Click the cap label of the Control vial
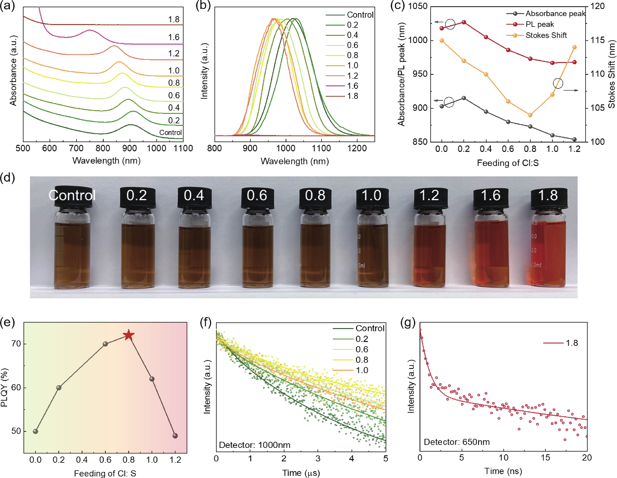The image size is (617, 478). click(x=72, y=195)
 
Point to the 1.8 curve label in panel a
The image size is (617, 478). click(x=174, y=20)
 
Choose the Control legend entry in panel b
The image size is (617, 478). click(x=360, y=15)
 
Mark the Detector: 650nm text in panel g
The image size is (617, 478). click(x=457, y=442)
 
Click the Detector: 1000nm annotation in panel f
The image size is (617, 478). click(x=255, y=445)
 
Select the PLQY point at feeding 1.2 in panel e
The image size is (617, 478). click(x=175, y=436)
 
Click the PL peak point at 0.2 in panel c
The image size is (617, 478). click(x=464, y=22)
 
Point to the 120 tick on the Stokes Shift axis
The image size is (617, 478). click(x=597, y=6)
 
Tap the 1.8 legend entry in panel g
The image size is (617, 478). click(x=572, y=343)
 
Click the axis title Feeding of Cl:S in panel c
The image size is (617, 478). click(x=508, y=163)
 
